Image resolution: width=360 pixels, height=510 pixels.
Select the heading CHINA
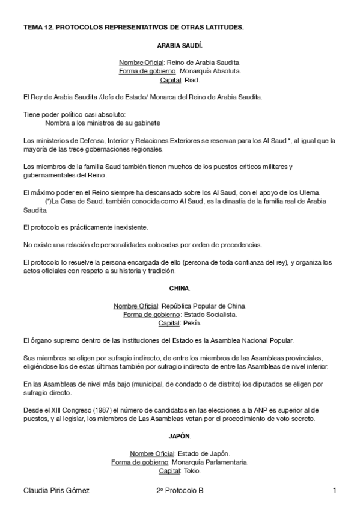179,287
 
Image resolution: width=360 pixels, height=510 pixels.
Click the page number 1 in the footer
334,491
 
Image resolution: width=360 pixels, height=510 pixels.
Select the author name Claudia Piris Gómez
56,491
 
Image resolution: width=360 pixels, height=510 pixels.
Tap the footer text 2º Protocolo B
179,491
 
